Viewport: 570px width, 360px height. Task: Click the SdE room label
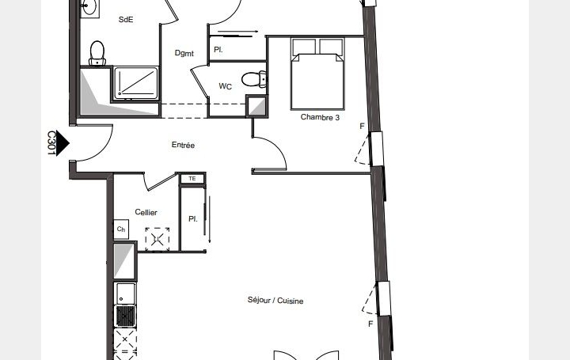click(125, 20)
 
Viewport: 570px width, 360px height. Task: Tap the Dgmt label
click(184, 54)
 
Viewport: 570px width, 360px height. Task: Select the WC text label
click(226, 87)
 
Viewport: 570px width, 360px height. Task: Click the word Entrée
click(183, 146)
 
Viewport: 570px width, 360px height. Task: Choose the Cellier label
click(146, 212)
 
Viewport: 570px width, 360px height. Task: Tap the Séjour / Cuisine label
click(275, 301)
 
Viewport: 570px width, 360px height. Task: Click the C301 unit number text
click(51, 143)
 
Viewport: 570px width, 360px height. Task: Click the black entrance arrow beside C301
click(63, 143)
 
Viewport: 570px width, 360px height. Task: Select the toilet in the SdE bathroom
click(97, 53)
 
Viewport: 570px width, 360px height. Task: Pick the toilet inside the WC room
click(254, 79)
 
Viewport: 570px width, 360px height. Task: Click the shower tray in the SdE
click(136, 82)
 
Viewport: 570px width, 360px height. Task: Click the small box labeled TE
click(192, 179)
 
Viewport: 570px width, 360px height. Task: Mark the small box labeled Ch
click(121, 229)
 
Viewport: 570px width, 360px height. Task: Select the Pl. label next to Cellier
click(192, 218)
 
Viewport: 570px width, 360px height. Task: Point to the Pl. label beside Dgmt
click(217, 49)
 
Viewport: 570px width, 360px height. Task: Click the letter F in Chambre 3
click(362, 127)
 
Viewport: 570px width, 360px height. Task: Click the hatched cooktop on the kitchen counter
click(125, 316)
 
